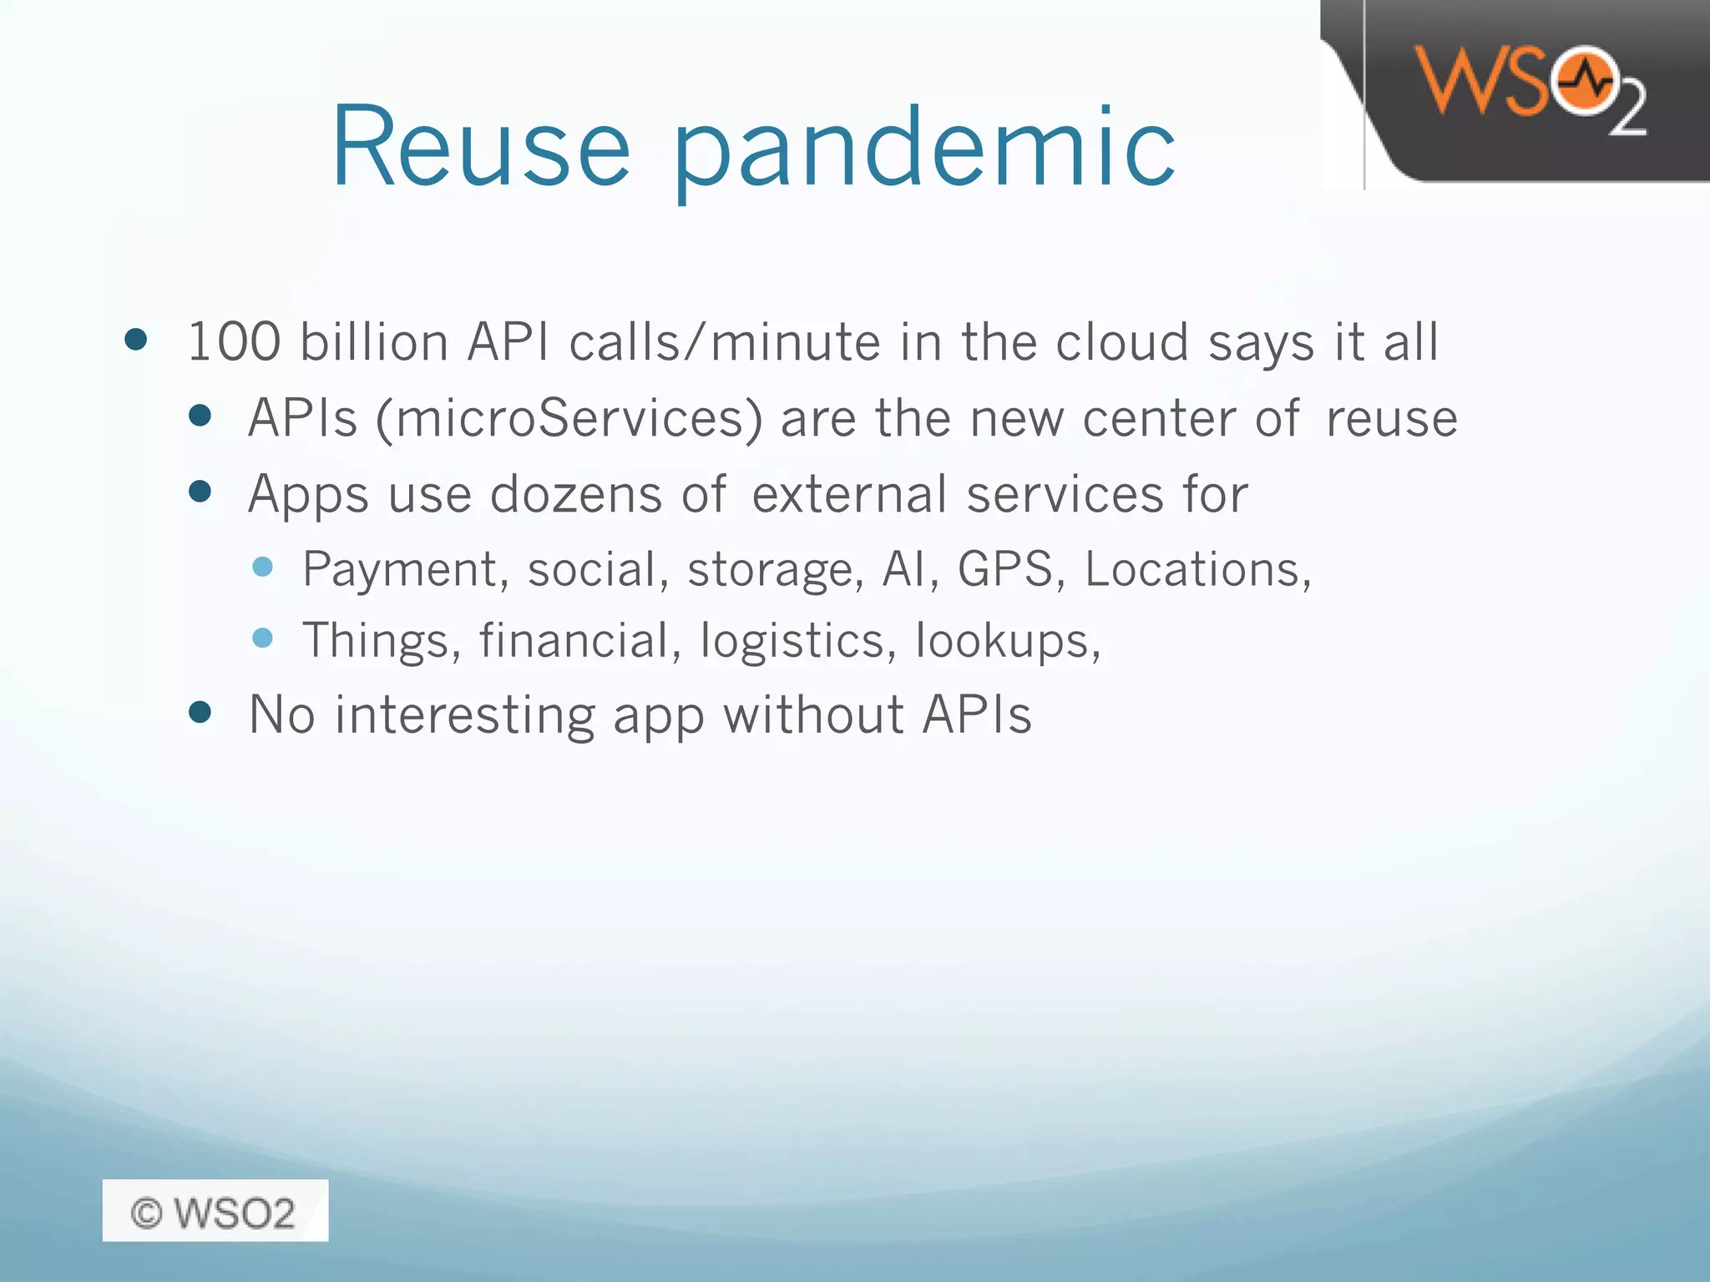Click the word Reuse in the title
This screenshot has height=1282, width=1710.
[x=481, y=148]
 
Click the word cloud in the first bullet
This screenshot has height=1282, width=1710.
[x=1121, y=342]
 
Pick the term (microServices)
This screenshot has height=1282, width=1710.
[x=569, y=418]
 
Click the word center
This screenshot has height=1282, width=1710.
[x=1158, y=418]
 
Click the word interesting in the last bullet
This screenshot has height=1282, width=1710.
[x=465, y=715]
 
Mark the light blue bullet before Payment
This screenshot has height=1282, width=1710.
[x=262, y=568]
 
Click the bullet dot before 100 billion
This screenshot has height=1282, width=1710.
[x=135, y=340]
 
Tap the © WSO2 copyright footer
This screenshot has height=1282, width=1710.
[x=215, y=1212]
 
